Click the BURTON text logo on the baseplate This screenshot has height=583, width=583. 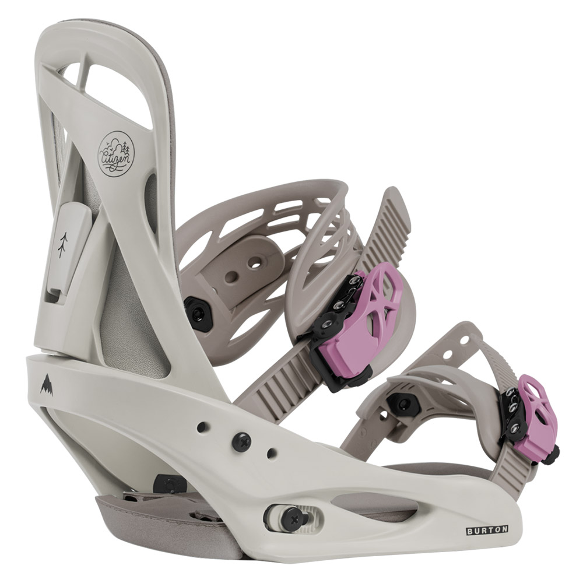point(487,530)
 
